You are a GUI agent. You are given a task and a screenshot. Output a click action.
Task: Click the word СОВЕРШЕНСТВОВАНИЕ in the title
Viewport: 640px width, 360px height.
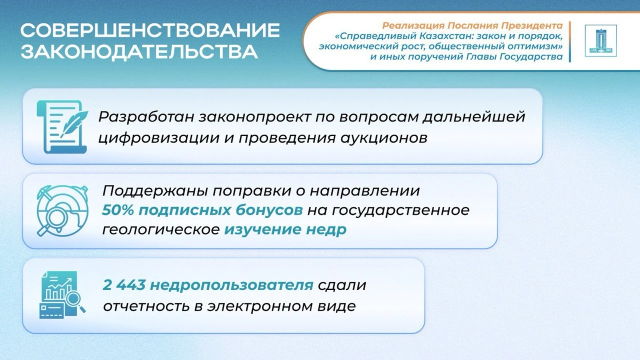click(x=150, y=30)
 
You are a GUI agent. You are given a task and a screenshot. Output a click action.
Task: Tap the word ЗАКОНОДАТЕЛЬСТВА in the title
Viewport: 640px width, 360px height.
click(x=139, y=52)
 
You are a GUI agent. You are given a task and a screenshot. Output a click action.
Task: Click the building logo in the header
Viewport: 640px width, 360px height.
click(x=601, y=40)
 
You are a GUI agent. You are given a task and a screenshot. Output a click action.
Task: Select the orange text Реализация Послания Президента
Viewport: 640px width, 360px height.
click(x=472, y=25)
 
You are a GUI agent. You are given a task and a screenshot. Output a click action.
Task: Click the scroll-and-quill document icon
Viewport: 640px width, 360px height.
click(x=62, y=126)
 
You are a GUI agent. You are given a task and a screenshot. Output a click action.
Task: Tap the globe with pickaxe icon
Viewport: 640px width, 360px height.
click(x=62, y=210)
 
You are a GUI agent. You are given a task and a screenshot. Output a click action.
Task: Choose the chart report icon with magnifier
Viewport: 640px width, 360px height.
click(x=62, y=294)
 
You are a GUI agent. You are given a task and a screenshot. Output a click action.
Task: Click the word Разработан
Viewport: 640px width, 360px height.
click(x=146, y=117)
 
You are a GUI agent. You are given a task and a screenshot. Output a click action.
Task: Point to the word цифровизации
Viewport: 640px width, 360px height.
click(x=159, y=138)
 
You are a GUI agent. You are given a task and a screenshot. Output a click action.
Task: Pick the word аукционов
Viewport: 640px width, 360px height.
click(x=384, y=139)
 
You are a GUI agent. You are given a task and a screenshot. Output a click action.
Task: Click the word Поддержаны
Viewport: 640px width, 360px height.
click(x=155, y=191)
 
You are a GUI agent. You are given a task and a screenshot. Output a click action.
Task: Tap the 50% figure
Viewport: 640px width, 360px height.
click(x=118, y=210)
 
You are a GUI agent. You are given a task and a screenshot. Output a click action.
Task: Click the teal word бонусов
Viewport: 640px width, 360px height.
click(x=269, y=210)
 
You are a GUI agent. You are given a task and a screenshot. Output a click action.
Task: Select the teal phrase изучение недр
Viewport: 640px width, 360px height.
click(x=285, y=229)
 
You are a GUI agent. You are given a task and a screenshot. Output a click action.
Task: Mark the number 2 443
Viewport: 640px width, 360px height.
click(x=124, y=285)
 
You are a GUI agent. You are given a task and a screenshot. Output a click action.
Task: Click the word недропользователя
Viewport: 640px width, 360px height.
click(x=231, y=285)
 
